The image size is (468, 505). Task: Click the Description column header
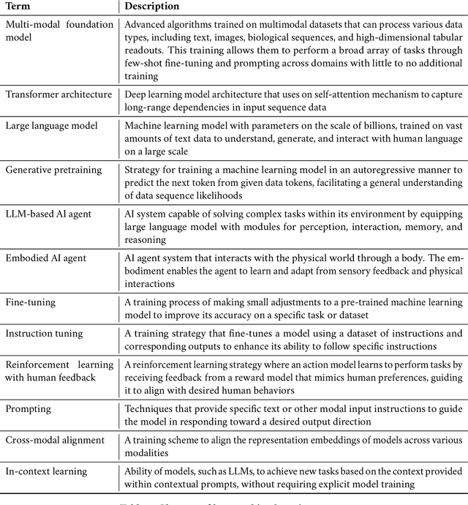152,7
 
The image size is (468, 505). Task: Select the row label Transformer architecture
59,94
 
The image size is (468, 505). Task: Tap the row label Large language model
51,126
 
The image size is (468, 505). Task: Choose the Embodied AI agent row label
46,258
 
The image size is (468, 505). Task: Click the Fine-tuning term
30,302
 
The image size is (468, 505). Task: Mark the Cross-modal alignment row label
56,440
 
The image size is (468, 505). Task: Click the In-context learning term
48,471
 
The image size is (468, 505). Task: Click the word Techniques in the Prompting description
150,408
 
